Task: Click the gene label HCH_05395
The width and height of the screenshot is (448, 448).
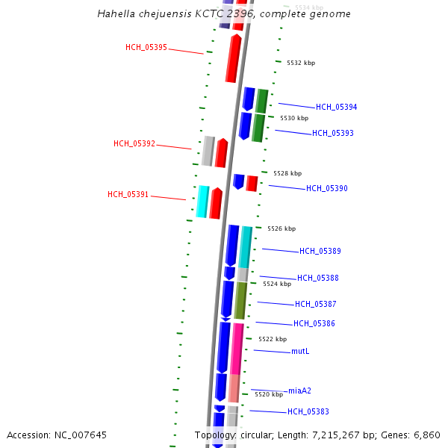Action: [x=146, y=47]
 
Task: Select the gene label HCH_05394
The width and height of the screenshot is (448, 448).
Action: [x=336, y=107]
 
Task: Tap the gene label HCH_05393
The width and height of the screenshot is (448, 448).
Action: [x=333, y=133]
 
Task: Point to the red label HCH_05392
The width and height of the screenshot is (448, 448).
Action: [x=134, y=143]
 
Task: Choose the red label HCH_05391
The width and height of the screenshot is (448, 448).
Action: [x=128, y=194]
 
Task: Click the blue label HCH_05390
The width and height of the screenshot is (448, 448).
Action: [x=326, y=188]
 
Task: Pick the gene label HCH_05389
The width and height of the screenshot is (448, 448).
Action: [x=320, y=251]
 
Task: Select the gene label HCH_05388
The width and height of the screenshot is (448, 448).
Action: [x=318, y=278]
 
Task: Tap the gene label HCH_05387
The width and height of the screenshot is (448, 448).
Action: [x=316, y=304]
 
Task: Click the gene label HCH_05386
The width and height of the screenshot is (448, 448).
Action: [x=314, y=323]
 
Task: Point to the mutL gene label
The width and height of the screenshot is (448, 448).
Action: [x=300, y=351]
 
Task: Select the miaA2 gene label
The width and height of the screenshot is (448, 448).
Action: [x=299, y=391]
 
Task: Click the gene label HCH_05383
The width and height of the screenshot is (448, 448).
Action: [x=308, y=411]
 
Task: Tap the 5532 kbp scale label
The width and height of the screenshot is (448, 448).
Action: [x=301, y=63]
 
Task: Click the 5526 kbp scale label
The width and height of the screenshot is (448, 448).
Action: [x=281, y=228]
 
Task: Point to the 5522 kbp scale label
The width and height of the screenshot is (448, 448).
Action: [x=273, y=339]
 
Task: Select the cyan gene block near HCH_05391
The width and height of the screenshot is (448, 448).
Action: [x=202, y=202]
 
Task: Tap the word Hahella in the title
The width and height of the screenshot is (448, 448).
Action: [x=116, y=14]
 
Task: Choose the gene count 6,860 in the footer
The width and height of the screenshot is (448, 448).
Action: [x=426, y=435]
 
